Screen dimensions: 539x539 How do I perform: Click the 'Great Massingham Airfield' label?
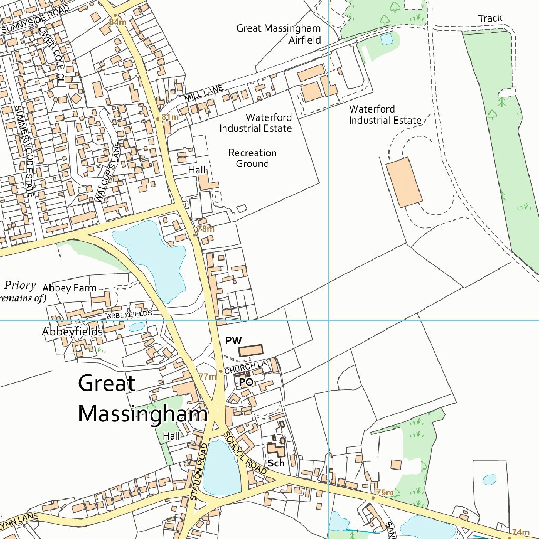(278, 33)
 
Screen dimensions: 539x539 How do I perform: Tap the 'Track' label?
(490, 18)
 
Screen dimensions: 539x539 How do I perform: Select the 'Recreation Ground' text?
(252, 158)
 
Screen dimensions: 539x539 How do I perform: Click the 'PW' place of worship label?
(233, 341)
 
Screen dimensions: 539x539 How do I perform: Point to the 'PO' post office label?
(246, 382)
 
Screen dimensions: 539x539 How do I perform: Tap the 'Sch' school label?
(276, 463)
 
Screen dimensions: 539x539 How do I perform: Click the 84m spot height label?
(118, 22)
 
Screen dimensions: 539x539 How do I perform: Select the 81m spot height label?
(169, 117)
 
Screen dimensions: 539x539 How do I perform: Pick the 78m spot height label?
(205, 229)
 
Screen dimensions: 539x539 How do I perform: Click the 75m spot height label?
(385, 492)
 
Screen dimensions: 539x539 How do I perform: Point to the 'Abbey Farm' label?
(69, 288)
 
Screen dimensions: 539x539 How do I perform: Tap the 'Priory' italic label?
(20, 286)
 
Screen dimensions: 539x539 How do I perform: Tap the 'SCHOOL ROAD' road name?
(246, 455)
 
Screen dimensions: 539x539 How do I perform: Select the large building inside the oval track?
(404, 182)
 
